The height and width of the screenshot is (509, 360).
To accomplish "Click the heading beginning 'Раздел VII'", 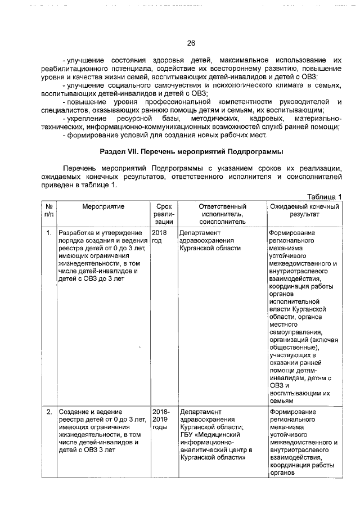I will point(191,152).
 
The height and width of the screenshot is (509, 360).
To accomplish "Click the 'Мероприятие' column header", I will point(94,206).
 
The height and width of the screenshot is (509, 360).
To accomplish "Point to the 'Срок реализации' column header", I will point(163,214).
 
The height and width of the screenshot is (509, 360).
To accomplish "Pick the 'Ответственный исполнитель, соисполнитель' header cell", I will point(222,214).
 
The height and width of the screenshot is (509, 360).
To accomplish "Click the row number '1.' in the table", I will point(49,233).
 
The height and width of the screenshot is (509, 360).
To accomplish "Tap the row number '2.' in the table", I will point(49,412).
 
